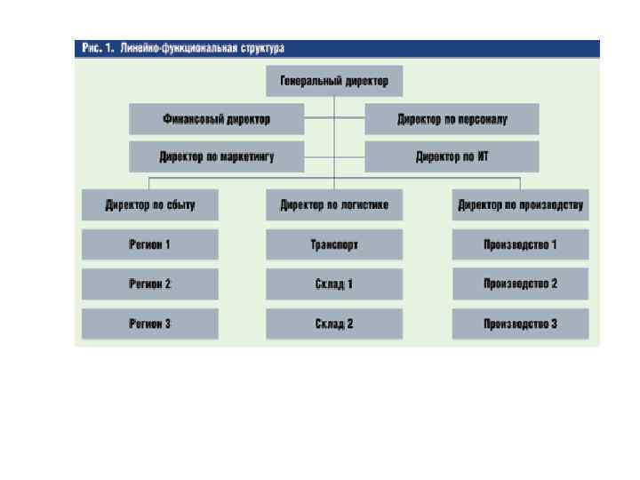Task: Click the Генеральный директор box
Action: pos(334,81)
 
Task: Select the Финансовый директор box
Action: pos(217,118)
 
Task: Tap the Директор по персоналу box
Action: pos(452,118)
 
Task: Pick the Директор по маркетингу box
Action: pos(217,156)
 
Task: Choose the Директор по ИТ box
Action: pos(452,156)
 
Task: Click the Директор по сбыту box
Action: pos(149,205)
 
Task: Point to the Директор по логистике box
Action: pos(334,205)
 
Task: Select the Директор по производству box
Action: pos(520,205)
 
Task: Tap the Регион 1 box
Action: pos(149,244)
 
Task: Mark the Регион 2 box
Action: pos(149,284)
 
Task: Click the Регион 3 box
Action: pos(149,324)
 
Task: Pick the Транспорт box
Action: pos(334,244)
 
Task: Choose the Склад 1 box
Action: pos(334,284)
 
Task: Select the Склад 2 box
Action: pos(334,324)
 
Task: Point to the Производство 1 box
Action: pos(520,244)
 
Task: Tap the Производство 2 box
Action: pos(520,284)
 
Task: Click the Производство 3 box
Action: pos(520,324)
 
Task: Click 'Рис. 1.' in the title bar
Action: pos(97,49)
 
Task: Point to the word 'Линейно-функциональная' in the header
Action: pos(176,49)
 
